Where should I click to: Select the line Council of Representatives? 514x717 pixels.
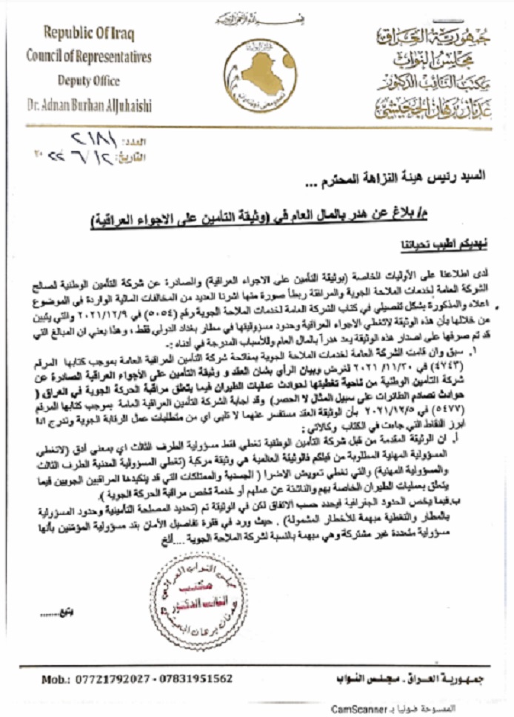pyautogui.click(x=89, y=56)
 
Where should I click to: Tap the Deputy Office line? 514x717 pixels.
pyautogui.click(x=89, y=81)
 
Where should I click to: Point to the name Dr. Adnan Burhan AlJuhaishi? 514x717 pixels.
pyautogui.click(x=89, y=106)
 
